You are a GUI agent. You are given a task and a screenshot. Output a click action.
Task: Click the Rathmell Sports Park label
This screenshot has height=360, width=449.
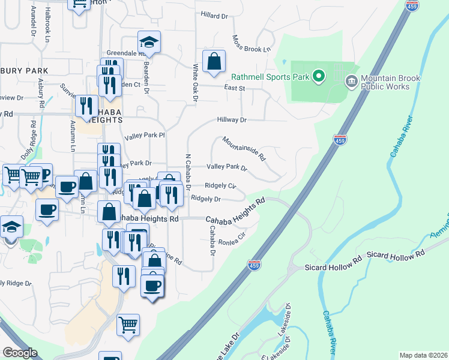click(x=270, y=77)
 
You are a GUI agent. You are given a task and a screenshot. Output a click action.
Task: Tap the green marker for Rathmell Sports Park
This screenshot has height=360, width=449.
click(x=319, y=76)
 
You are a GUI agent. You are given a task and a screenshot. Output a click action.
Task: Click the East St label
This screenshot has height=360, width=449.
click(x=234, y=88)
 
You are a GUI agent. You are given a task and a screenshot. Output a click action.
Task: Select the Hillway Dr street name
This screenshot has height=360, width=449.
click(x=232, y=120)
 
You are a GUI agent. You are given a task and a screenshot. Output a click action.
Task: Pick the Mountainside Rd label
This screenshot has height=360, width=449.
click(x=244, y=149)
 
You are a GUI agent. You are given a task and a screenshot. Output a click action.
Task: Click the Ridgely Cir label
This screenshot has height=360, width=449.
click(x=220, y=186)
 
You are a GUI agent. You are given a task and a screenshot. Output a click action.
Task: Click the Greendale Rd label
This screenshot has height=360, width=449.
click(x=126, y=53)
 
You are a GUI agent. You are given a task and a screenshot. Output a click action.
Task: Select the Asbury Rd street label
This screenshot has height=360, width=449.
click(x=41, y=93)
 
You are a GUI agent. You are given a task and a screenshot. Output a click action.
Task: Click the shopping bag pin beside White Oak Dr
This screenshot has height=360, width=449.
click(x=214, y=61)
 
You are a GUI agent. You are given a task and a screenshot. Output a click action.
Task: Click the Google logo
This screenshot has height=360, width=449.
click(x=20, y=353)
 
